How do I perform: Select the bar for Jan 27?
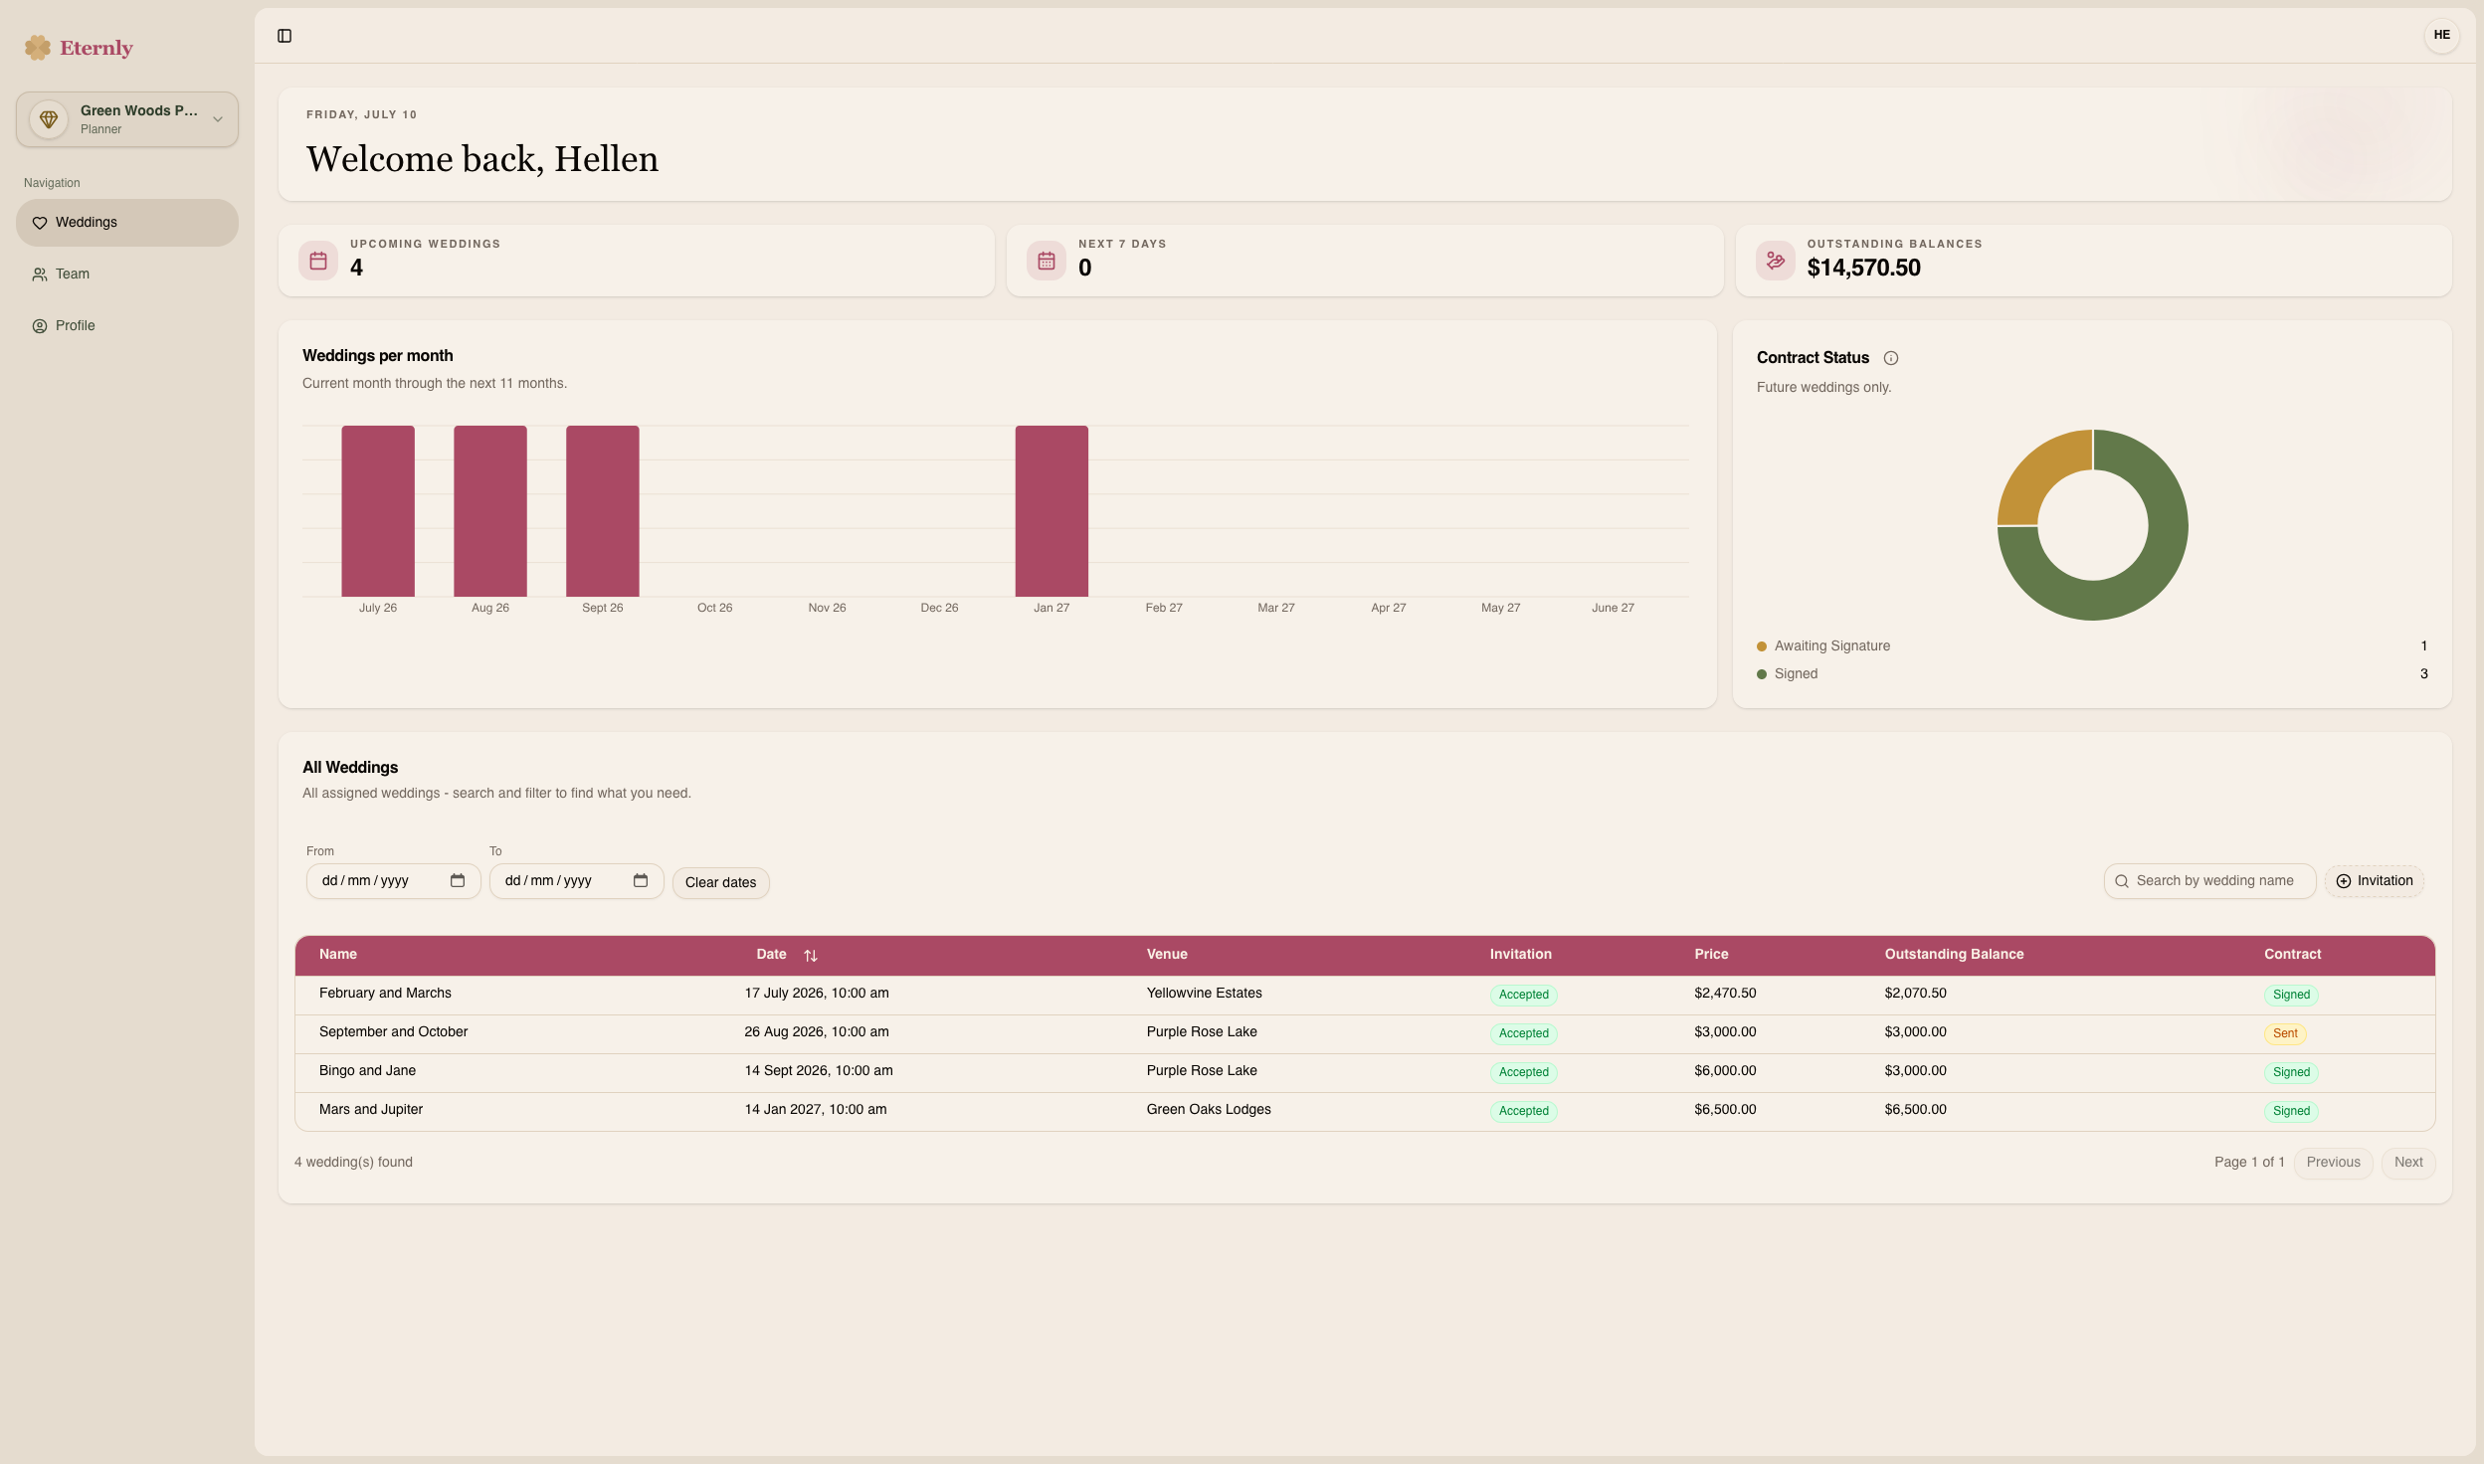pyautogui.click(x=1051, y=511)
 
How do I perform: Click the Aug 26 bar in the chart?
pyautogui.click(x=490, y=511)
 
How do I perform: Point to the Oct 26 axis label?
pyautogui.click(x=714, y=608)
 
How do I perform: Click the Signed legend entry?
pyautogui.click(x=1796, y=673)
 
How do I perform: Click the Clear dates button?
pyautogui.click(x=720, y=882)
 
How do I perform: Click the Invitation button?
pyautogui.click(x=2374, y=880)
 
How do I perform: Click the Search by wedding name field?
pyautogui.click(x=2209, y=880)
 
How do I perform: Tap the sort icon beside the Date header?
pyautogui.click(x=811, y=955)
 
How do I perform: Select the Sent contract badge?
pyautogui.click(x=2285, y=1033)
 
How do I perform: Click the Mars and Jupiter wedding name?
pyautogui.click(x=371, y=1109)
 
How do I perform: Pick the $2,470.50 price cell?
pyautogui.click(x=1725, y=993)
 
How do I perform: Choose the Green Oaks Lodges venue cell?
pyautogui.click(x=1209, y=1109)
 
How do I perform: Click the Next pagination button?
pyautogui.click(x=2408, y=1162)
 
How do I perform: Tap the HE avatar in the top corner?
pyautogui.click(x=2441, y=35)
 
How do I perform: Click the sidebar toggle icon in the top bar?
pyautogui.click(x=285, y=36)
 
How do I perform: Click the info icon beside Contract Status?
pyautogui.click(x=1891, y=358)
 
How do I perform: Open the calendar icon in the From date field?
pyautogui.click(x=458, y=880)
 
